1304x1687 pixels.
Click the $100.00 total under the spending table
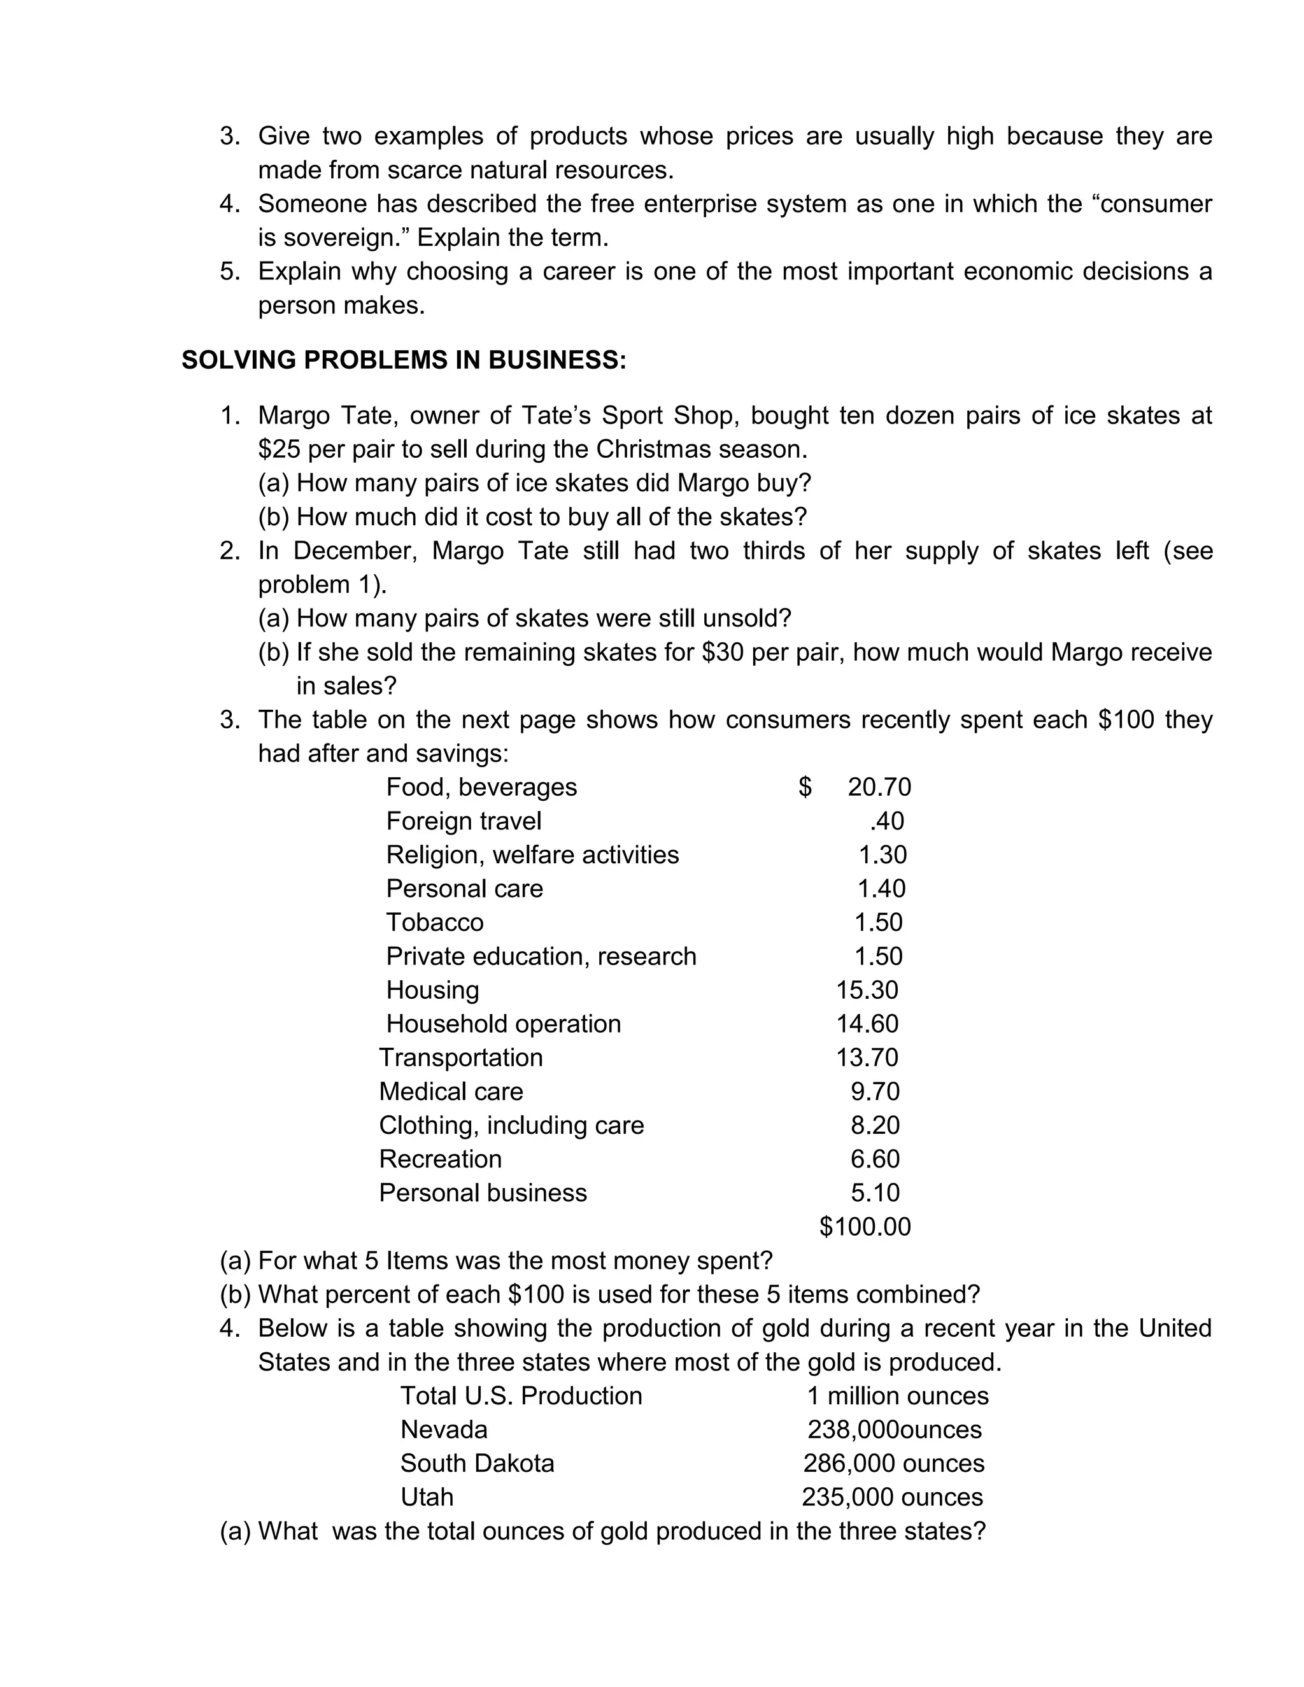(x=865, y=1227)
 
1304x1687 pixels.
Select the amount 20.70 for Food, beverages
(x=879, y=787)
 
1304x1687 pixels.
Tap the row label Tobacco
(x=435, y=922)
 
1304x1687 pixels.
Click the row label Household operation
(x=504, y=1024)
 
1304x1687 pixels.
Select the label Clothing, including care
(x=511, y=1126)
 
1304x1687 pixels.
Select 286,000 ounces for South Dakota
(x=894, y=1464)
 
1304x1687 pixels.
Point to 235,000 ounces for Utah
(x=892, y=1498)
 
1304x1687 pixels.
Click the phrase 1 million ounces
(x=898, y=1396)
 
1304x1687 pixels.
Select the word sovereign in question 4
(x=344, y=238)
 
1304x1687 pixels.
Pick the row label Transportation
(x=461, y=1057)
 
